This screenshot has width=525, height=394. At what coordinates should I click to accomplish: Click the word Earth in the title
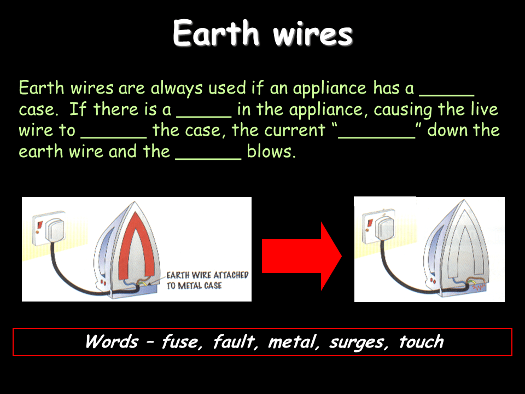pyautogui.click(x=216, y=33)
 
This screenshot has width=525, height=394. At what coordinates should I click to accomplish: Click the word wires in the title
pyautogui.click(x=313, y=34)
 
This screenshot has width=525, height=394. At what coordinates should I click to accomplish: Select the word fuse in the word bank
pyautogui.click(x=182, y=341)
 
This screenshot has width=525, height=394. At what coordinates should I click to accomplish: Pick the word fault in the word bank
pyautogui.click(x=235, y=341)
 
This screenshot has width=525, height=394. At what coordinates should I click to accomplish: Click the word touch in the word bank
pyautogui.click(x=421, y=341)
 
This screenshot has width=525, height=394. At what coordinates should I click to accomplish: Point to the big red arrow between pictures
pyautogui.click(x=301, y=256)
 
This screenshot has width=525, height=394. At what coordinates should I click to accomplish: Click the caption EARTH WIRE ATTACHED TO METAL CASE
pyautogui.click(x=208, y=280)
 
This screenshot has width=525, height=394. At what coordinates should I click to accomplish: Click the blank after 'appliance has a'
pyautogui.click(x=447, y=95)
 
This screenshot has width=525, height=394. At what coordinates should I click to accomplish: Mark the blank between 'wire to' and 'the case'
pyautogui.click(x=114, y=137)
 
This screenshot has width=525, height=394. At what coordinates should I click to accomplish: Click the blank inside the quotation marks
pyautogui.click(x=377, y=137)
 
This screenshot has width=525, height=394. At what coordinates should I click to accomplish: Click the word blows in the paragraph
pyautogui.click(x=272, y=152)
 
